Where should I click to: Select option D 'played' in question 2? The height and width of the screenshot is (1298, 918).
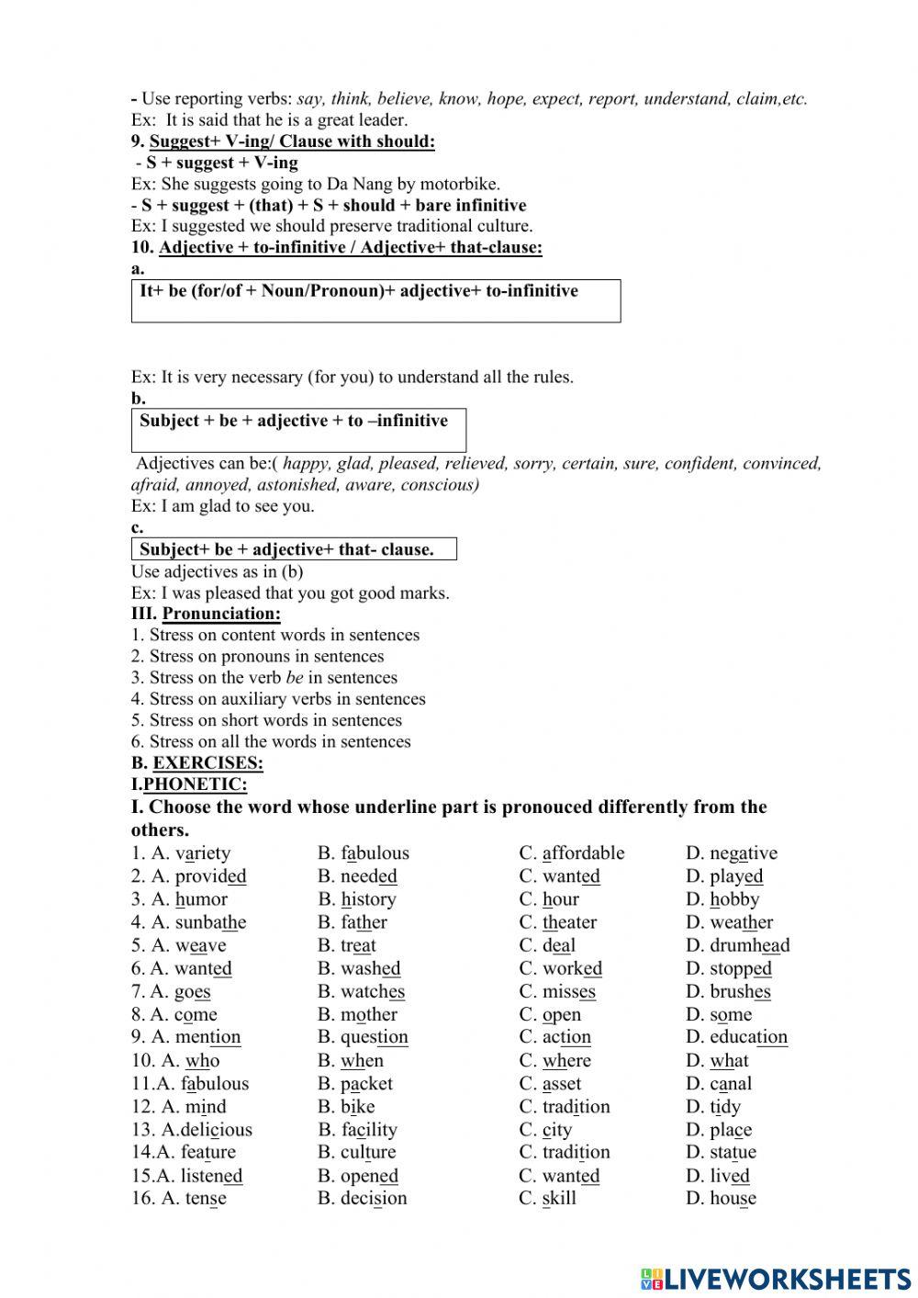(x=736, y=877)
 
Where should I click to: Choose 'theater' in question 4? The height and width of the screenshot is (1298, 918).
(x=569, y=923)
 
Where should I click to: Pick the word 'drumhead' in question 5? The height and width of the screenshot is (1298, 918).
(x=749, y=946)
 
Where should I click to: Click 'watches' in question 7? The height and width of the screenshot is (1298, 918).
(x=372, y=992)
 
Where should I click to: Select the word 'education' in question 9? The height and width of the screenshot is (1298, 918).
(x=748, y=1038)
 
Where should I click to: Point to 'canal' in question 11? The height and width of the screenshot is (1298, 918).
(x=731, y=1084)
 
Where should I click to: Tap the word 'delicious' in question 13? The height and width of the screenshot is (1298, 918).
(x=216, y=1131)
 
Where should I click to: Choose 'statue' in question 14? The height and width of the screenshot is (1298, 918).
(x=733, y=1153)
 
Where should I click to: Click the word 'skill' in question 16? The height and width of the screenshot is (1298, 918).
(x=559, y=1199)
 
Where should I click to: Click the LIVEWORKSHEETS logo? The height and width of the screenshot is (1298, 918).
(x=776, y=1279)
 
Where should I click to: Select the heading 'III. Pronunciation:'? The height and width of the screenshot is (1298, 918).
(x=206, y=614)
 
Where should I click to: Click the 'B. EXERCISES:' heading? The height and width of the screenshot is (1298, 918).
(x=196, y=763)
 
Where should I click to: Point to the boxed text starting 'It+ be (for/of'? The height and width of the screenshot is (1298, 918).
(x=359, y=292)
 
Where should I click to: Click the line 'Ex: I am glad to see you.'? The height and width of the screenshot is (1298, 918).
(x=222, y=506)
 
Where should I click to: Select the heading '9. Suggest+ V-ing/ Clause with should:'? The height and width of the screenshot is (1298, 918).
(x=283, y=141)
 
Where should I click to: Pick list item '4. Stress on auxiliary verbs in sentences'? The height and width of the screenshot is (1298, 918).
(x=277, y=699)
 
